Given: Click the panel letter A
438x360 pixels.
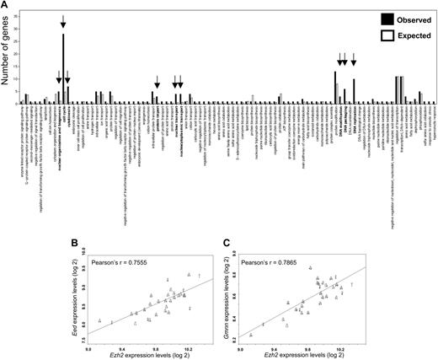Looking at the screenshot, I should click(x=5, y=6).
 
